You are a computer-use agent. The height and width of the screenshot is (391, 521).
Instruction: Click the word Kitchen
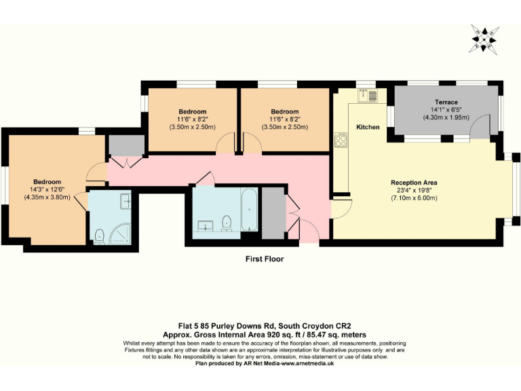(368, 127)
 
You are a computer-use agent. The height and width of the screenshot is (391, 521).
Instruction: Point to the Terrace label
(446, 102)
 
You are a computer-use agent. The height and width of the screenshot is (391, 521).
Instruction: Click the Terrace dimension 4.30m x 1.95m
(446, 117)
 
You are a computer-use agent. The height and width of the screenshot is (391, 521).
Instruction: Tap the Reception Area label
(414, 183)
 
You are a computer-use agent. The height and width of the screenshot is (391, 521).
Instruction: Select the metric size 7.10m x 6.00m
(414, 198)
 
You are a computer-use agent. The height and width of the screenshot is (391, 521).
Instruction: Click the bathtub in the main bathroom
(248, 210)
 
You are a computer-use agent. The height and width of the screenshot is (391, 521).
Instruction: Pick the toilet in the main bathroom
(227, 221)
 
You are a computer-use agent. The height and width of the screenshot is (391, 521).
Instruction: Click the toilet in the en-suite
(100, 236)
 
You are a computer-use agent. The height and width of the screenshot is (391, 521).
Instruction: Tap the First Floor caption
(265, 259)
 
